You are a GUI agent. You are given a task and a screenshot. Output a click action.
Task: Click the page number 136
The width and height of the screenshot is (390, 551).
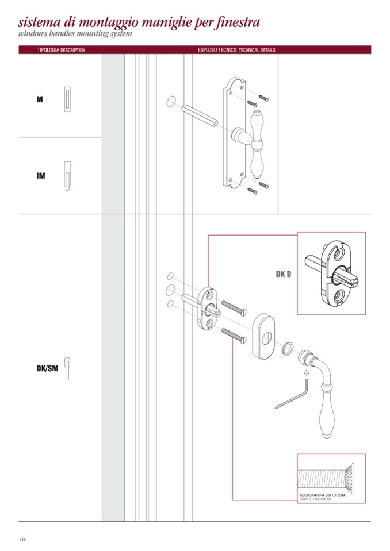pos(22,540)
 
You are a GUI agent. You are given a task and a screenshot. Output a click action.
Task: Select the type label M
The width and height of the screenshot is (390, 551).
pos(40,99)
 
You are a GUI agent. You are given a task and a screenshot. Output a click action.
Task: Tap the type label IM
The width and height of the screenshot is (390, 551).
pos(41,176)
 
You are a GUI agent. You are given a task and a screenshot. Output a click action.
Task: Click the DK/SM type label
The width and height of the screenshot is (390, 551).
pos(47,369)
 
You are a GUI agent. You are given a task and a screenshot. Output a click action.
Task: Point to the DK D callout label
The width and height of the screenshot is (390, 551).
pos(284,274)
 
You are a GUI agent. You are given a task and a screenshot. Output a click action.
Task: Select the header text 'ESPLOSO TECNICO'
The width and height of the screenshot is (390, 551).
pos(217,50)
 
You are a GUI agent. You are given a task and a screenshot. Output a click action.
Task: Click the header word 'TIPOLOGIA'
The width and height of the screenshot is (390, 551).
pos(48,50)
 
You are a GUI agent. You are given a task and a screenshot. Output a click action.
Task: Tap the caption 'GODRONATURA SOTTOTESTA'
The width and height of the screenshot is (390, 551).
pos(323,495)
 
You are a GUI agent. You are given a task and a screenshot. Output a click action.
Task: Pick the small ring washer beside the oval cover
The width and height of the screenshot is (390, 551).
pos(287,348)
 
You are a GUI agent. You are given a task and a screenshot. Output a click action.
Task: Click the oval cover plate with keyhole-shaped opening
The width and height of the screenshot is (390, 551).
pos(264,336)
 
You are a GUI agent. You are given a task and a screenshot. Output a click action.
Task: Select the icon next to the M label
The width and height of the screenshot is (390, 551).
pos(67,99)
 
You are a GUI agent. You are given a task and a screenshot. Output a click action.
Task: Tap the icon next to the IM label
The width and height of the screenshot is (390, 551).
pos(67,176)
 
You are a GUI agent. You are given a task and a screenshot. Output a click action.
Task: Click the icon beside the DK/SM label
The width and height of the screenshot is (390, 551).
pos(67,368)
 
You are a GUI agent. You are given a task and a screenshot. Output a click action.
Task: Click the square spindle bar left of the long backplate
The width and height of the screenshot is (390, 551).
pos(200,115)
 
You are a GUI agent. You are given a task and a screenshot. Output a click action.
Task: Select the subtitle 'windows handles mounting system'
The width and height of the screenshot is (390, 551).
pos(75,34)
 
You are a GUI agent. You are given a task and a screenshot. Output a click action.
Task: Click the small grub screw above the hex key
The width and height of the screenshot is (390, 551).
pos(306,372)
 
